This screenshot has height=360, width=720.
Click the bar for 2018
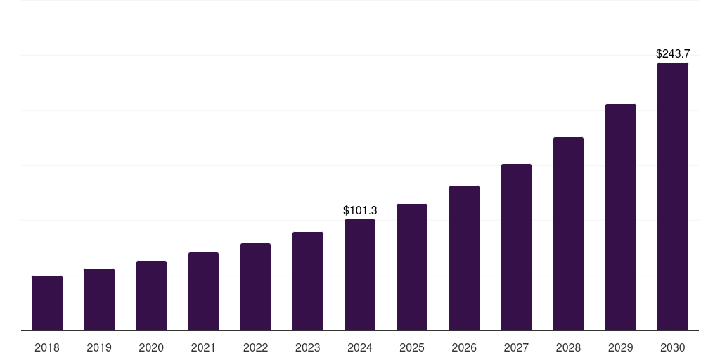pos(47,303)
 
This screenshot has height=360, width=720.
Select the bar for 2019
pos(99,300)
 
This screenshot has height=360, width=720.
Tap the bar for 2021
pos(203,292)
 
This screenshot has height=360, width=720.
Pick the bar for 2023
pos(308,281)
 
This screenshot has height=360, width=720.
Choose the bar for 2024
pos(360,275)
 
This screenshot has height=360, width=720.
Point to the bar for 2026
pos(464,258)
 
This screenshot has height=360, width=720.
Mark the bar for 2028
pos(568,234)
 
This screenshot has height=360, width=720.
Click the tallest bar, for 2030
pos(673,197)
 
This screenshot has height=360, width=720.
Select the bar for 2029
pos(621,217)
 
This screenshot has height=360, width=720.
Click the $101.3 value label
pos(360,210)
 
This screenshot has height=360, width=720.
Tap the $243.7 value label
pos(673,53)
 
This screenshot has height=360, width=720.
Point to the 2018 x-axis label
pos(47,347)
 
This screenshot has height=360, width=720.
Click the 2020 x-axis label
pos(151,347)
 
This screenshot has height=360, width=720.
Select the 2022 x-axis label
pos(255,347)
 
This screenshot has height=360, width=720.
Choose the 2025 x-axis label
pos(412,347)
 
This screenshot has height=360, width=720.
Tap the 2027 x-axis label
pos(516,347)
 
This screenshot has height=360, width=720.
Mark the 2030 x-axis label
pos(673,347)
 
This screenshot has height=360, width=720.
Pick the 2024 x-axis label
pos(360,347)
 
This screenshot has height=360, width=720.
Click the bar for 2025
pos(412,267)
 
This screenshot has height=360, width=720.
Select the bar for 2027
pos(516,247)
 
